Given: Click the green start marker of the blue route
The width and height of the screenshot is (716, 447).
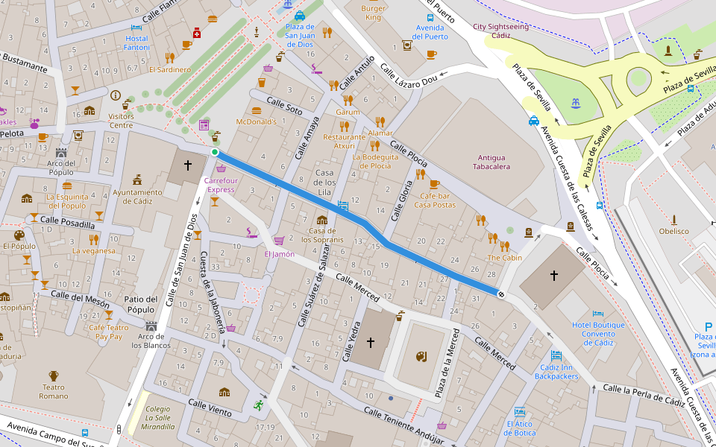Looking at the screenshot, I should [x=215, y=152].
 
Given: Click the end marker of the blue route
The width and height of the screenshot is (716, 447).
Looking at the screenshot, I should [x=501, y=294].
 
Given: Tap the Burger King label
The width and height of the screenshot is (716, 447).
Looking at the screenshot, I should [x=373, y=13].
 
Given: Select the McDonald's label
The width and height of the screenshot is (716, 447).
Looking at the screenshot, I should [x=256, y=121].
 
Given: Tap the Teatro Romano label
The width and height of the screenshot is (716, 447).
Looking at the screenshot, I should [x=53, y=392].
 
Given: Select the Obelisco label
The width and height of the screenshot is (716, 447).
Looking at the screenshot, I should [x=673, y=231].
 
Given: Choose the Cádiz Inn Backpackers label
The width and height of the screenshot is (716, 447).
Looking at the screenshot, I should [x=556, y=372].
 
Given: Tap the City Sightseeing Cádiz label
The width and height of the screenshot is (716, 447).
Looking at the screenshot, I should [x=501, y=31].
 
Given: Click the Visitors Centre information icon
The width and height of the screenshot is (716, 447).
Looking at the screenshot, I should [x=115, y=95].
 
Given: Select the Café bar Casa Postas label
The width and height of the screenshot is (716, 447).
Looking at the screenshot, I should [x=434, y=200].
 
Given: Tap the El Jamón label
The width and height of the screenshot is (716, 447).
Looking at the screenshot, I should [x=279, y=254].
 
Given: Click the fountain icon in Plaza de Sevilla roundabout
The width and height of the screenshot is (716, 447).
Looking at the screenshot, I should [x=574, y=102].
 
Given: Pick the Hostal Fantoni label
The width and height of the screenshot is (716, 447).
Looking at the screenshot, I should [x=136, y=42].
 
